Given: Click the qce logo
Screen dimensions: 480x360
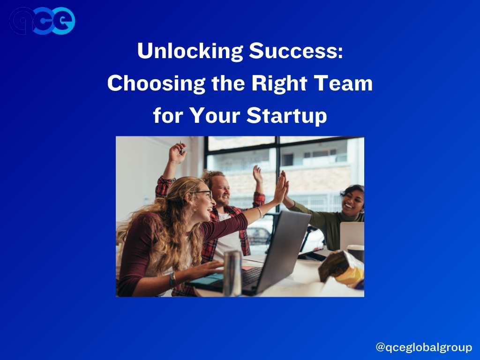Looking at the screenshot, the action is point(42,21).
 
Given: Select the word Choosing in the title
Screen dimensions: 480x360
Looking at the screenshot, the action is point(156,83).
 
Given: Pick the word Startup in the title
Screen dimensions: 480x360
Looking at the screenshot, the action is point(286,116).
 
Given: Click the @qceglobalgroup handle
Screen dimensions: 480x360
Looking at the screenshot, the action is point(424,347).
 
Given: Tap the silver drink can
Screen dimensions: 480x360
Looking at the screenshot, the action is point(232,273).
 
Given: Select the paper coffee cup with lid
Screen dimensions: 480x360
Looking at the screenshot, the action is point(355,252).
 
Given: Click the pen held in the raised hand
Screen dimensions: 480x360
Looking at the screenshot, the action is point(181,147).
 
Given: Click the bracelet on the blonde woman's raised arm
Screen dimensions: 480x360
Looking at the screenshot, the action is point(259,212).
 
